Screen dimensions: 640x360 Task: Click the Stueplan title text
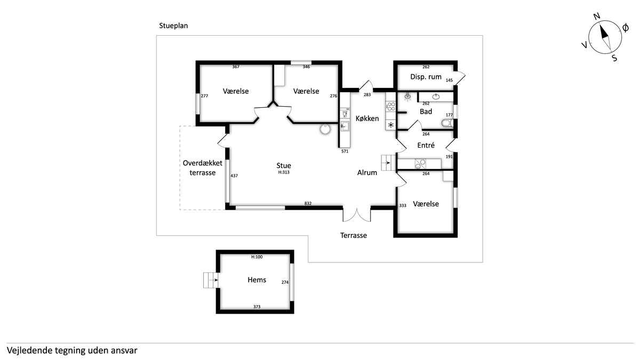pos(173,26)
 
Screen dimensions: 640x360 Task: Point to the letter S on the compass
pos(614,58)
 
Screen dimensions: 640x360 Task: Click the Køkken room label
pos(367,118)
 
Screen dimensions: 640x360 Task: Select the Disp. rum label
pos(426,77)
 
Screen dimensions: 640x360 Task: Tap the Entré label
pos(426,145)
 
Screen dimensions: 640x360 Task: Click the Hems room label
pos(257,279)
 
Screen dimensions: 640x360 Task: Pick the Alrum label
pos(367,173)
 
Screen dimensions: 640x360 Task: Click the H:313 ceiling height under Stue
pos(284,172)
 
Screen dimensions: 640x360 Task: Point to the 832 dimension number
pos(308,203)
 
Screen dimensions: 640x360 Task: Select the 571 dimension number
pos(345,151)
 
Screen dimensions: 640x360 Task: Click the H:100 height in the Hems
pos(257,257)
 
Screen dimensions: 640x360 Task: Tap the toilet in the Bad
pos(447,123)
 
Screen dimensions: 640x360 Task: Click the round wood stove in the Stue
pos(325,129)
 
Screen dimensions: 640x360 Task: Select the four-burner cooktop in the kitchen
pos(390,107)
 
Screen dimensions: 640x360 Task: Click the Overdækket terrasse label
pos(202,167)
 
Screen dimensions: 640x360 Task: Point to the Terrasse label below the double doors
pos(354,235)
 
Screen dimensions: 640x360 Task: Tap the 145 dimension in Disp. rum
pos(449,81)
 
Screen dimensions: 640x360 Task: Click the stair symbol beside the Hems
pos(211,280)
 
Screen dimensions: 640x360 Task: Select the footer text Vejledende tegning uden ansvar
pos(72,350)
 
